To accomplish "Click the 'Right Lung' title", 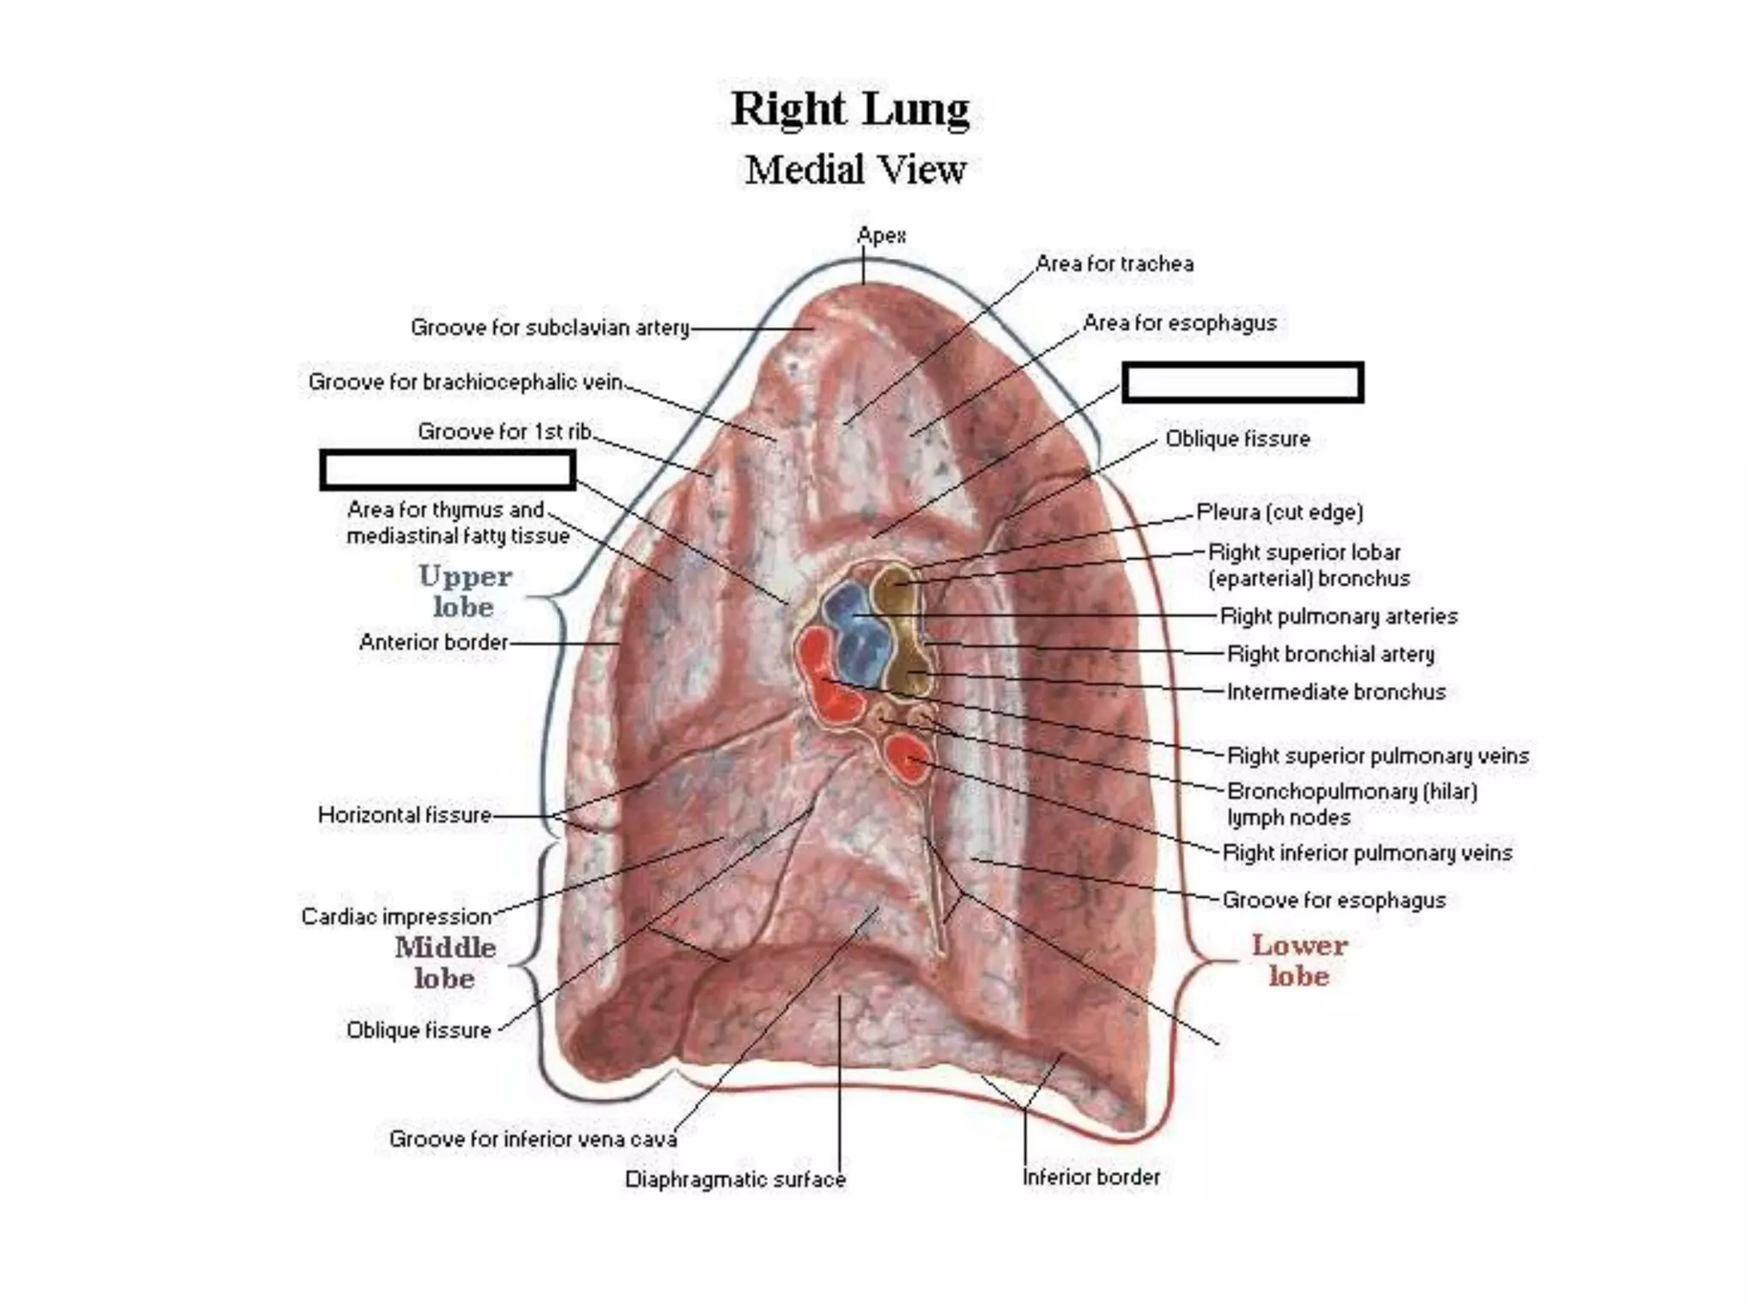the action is click(850, 110).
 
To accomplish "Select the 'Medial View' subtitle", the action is click(855, 170).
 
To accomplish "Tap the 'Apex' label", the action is click(881, 236).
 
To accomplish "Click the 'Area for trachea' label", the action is click(1114, 265).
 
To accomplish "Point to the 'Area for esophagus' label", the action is click(1180, 323).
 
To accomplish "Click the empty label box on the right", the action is click(1242, 382).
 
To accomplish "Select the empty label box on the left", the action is click(447, 470).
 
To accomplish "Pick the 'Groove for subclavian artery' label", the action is click(550, 328).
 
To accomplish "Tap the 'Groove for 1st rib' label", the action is click(504, 432).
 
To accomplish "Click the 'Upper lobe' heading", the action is click(464, 591).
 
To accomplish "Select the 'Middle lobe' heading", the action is click(445, 962).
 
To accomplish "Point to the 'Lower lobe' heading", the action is click(1299, 960).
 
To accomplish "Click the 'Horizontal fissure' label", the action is click(405, 815).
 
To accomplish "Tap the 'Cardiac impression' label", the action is click(396, 917).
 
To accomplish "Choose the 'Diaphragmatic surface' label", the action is click(735, 1180).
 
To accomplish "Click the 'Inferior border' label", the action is click(1091, 1178).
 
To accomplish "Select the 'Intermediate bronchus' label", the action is click(1336, 692).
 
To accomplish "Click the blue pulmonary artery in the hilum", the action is click(854, 632).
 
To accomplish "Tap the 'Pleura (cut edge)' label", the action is click(1279, 512).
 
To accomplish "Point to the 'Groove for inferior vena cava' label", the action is click(533, 1139).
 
